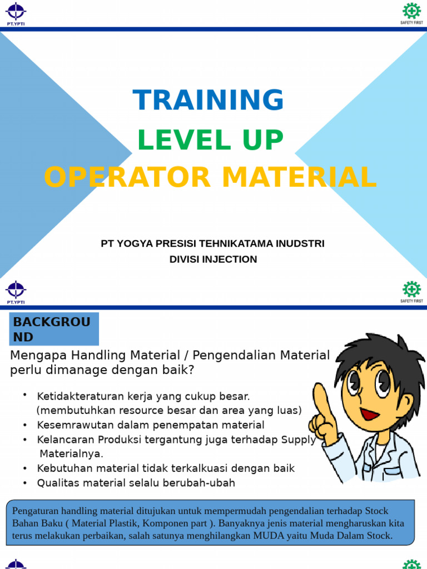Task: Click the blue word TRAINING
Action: click(x=208, y=100)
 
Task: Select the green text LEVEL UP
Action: click(x=210, y=140)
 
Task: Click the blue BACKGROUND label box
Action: click(x=54, y=329)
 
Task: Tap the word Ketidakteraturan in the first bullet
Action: click(x=77, y=396)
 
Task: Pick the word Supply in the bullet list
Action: click(x=299, y=440)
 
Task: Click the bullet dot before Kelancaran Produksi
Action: click(x=26, y=440)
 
